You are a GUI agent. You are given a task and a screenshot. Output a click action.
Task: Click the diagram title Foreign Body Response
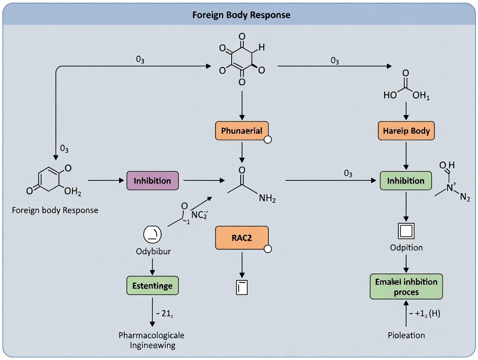pos(241,15)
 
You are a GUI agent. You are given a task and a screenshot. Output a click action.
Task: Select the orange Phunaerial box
pos(242,130)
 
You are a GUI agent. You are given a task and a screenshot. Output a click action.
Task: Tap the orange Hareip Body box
pos(406,130)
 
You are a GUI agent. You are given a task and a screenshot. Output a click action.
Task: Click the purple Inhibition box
pos(152,180)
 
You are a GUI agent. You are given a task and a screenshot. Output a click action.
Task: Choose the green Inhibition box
pos(406,180)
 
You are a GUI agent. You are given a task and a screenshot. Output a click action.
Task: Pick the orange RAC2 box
pos(242,238)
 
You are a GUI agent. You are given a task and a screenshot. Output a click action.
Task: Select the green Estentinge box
pos(152,286)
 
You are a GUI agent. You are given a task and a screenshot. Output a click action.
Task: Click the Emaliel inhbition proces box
pos(406,286)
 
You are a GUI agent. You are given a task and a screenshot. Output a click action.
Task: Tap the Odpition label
pos(406,247)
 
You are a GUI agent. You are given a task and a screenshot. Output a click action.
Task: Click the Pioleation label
pos(406,335)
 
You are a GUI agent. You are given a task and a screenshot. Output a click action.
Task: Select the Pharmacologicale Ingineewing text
pos(152,340)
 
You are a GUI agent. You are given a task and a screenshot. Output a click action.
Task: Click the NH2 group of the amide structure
pos(267,198)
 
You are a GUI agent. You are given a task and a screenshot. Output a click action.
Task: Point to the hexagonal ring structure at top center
pos(242,58)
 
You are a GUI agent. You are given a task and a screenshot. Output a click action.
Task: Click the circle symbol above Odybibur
pos(152,234)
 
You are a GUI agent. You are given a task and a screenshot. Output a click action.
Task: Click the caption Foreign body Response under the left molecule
pos(55,210)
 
